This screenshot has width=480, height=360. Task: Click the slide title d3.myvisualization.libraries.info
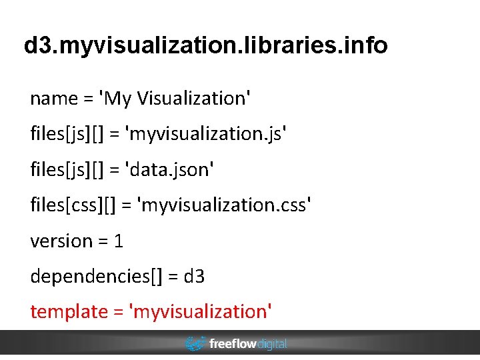[205, 46]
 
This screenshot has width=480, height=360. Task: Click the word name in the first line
[54, 99]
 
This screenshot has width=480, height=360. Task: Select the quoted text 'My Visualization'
[175, 99]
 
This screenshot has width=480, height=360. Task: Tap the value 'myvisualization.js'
[205, 134]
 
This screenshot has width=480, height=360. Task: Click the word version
[61, 241]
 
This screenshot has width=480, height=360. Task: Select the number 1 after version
[119, 241]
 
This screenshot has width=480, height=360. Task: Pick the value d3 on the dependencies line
[195, 276]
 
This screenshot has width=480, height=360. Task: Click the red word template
[69, 311]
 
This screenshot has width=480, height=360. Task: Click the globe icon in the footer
[195, 344]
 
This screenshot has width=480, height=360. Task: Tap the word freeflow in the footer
[231, 344]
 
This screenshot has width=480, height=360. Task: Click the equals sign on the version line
[103, 241]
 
